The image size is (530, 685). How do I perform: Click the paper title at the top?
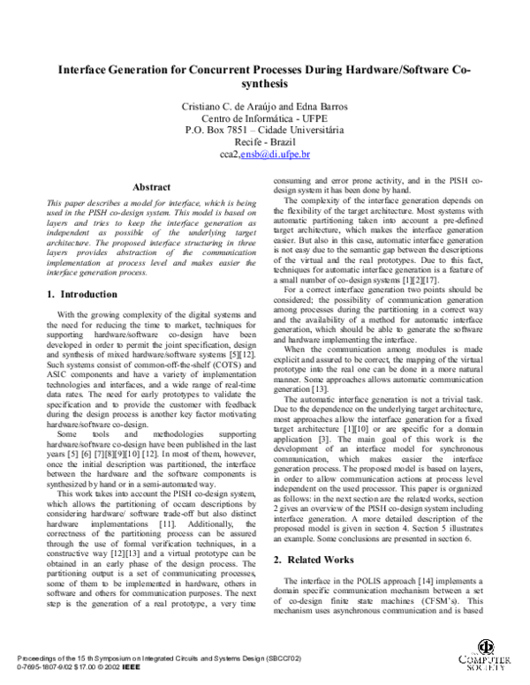(x=265, y=76)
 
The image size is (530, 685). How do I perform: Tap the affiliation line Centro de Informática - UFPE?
(x=265, y=118)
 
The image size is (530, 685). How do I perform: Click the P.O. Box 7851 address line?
(x=265, y=130)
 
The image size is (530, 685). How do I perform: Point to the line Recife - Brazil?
(x=265, y=142)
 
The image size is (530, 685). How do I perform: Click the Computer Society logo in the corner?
(x=485, y=658)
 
